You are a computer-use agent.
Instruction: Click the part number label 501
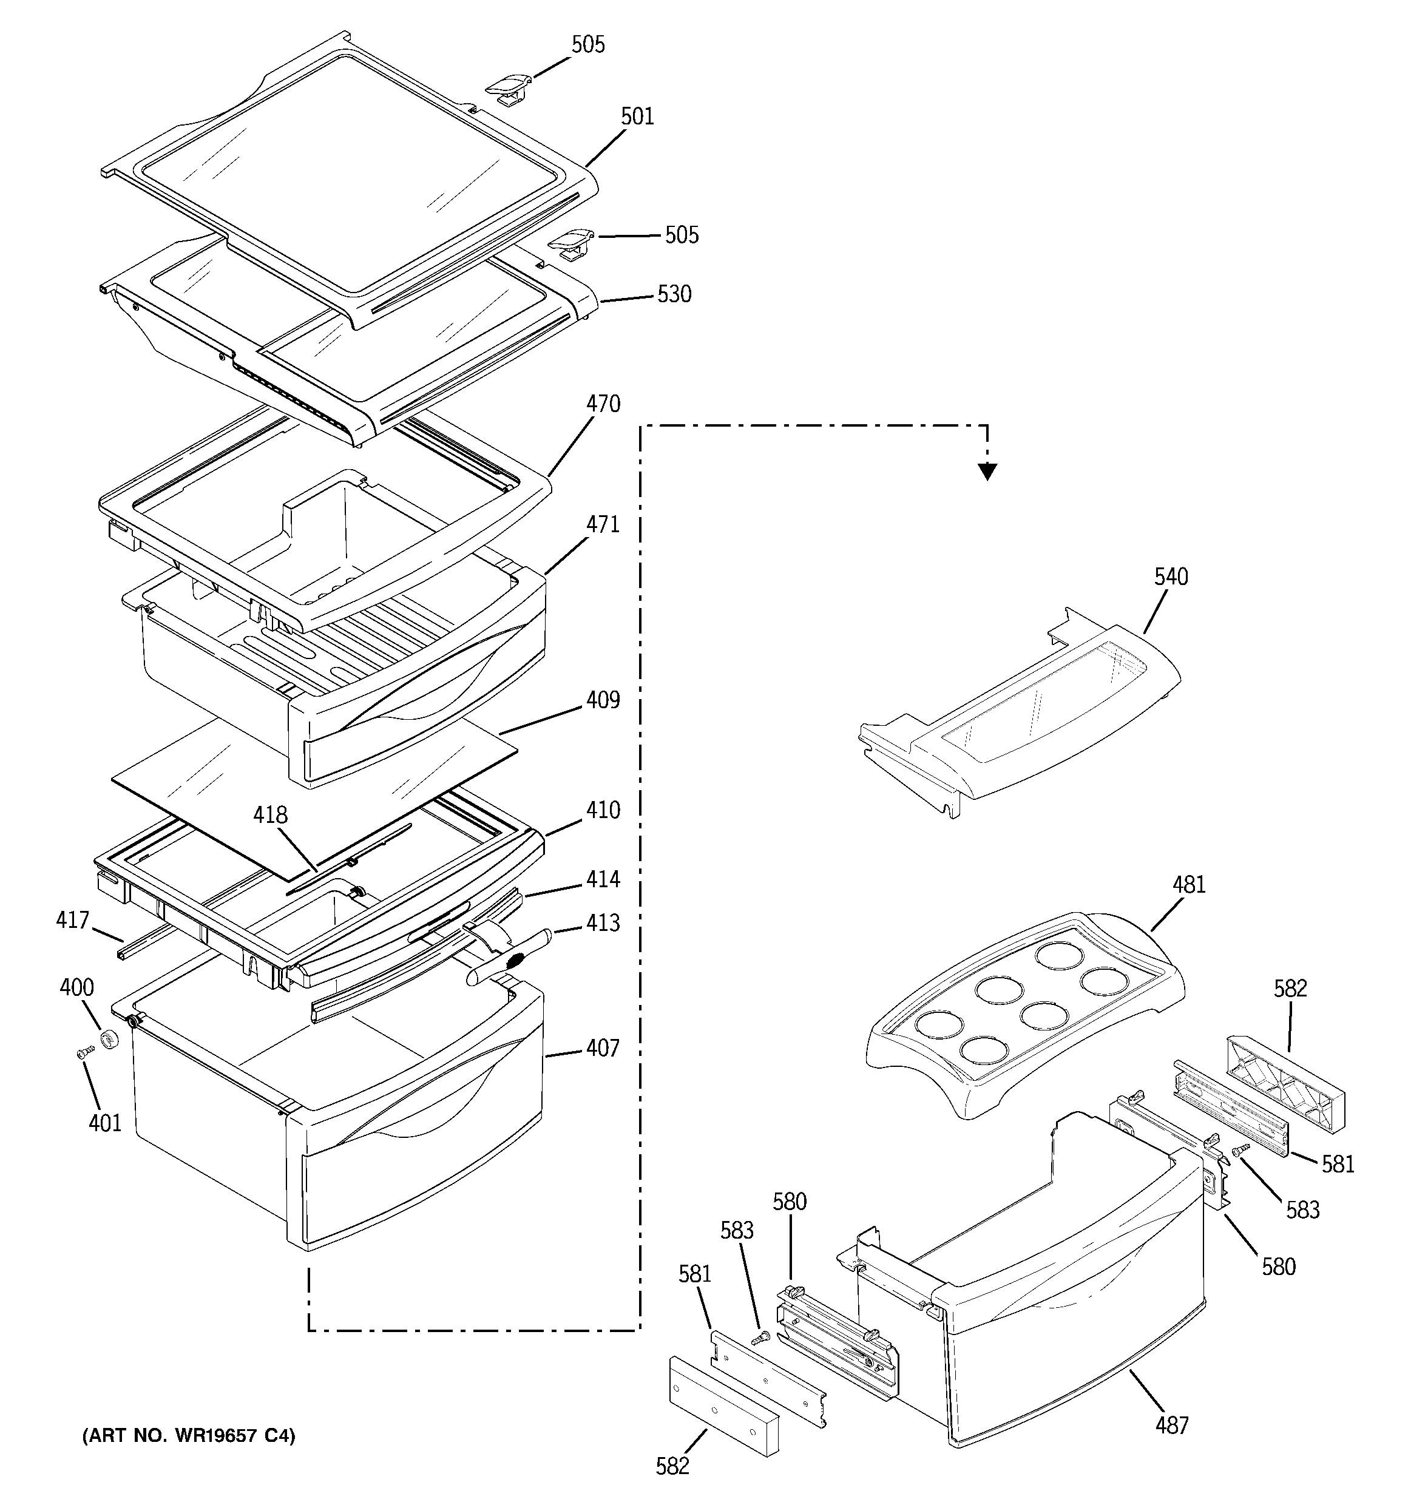tap(637, 117)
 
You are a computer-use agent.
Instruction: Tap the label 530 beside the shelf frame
tap(674, 294)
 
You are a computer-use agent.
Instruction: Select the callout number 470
tap(603, 404)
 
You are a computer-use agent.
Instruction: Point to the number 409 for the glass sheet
tap(603, 700)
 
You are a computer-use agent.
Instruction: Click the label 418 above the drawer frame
tap(270, 815)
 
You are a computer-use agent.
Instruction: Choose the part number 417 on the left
tap(73, 920)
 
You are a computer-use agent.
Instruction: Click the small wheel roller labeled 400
tap(112, 1040)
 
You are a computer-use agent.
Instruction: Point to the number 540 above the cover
tap(1171, 577)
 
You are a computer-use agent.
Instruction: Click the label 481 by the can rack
tap(1189, 885)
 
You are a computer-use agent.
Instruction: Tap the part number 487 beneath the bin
tap(1171, 1426)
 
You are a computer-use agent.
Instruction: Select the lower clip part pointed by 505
tap(571, 243)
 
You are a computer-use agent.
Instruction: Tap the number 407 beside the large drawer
tap(603, 1048)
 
